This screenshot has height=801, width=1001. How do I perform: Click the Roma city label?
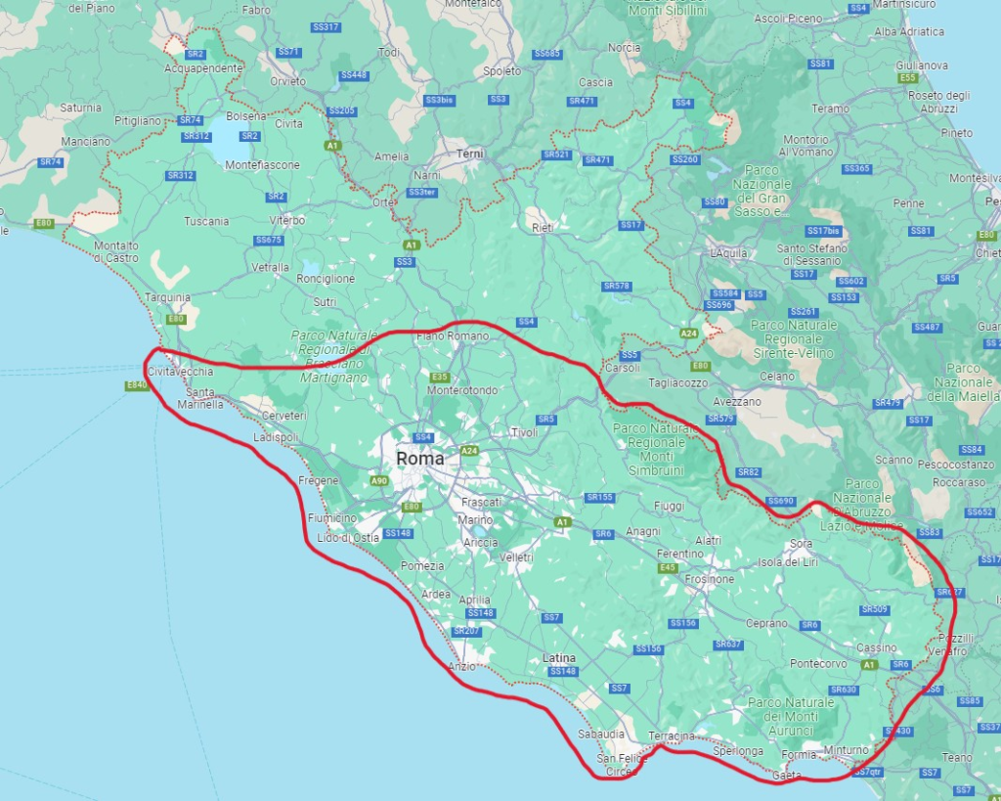(x=419, y=459)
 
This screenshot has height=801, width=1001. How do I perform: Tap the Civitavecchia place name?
(x=179, y=373)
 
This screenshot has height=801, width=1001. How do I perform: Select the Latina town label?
(x=559, y=658)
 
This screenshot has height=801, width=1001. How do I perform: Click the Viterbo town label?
(x=287, y=220)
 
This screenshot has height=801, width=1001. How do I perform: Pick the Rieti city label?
(x=542, y=228)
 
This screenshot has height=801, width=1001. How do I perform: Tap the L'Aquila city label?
(x=729, y=253)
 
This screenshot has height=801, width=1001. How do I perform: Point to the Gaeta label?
(x=787, y=776)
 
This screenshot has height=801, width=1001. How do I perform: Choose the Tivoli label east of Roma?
(x=524, y=432)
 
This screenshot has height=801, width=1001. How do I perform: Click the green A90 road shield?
(x=379, y=481)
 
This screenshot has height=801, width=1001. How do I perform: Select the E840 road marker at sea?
(x=137, y=386)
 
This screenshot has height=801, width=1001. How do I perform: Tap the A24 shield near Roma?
(x=469, y=451)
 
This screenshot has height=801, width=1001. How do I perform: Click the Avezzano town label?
(x=736, y=402)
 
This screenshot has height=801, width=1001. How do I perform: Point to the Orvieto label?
(x=288, y=81)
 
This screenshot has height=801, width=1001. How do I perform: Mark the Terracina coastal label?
(x=672, y=735)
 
